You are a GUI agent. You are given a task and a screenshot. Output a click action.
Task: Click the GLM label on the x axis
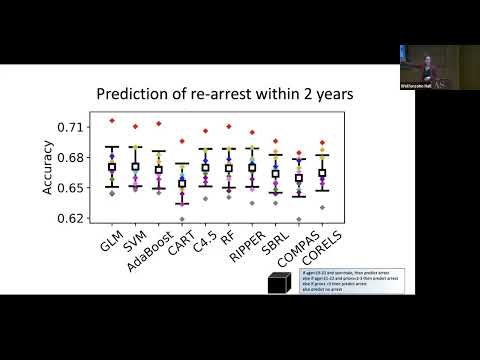(110, 240)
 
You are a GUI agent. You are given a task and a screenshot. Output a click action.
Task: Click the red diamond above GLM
(112, 121)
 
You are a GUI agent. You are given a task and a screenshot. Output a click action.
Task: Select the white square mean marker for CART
(181, 184)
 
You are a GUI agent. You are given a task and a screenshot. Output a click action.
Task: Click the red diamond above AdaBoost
(158, 124)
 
